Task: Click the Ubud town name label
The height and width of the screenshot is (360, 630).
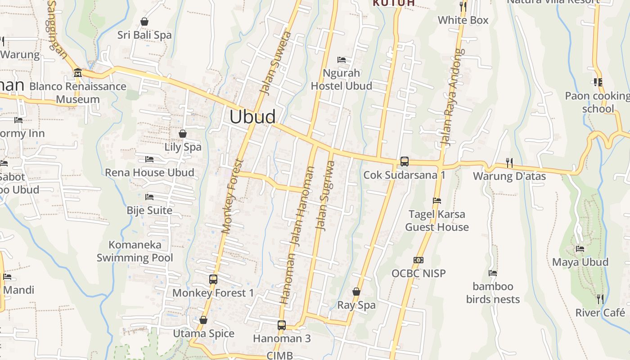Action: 252,117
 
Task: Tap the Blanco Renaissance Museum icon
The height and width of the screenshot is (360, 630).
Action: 77,73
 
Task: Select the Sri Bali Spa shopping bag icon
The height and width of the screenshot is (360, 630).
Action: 144,21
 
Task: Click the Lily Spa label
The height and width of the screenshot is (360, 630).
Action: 183,147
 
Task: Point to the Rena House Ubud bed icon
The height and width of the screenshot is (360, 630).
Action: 149,159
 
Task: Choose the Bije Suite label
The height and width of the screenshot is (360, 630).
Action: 149,210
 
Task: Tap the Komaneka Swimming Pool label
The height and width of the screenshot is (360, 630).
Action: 135,251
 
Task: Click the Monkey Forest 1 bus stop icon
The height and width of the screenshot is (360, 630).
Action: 213,279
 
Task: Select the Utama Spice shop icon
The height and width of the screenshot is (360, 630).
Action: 203,320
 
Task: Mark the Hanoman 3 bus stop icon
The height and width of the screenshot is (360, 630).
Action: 282,325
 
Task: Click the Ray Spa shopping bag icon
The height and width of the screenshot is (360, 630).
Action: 356,292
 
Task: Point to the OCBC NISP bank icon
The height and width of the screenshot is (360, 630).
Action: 418,260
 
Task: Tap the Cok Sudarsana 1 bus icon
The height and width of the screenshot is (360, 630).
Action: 405,162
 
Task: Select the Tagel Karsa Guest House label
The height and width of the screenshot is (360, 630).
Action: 437,220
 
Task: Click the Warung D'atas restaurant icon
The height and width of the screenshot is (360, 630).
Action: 509,162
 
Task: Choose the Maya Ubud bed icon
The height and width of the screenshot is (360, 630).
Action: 580,249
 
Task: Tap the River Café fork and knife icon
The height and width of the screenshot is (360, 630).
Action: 600,299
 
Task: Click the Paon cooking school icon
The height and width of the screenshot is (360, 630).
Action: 598,82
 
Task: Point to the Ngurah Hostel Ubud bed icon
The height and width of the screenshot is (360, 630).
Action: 342,60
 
